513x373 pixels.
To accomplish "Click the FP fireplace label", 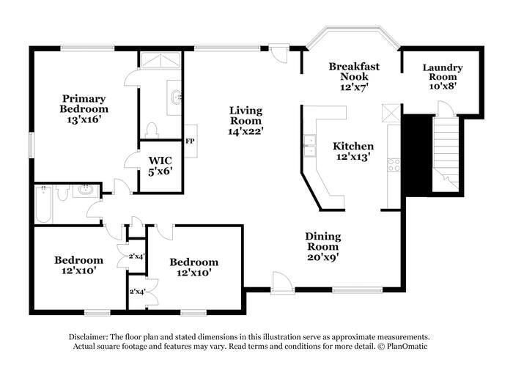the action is [190, 141].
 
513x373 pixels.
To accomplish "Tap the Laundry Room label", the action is [443, 72].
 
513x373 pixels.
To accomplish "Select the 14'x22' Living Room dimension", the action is [246, 131].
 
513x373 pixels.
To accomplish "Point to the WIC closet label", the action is [160, 160].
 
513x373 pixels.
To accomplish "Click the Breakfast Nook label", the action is [354, 71].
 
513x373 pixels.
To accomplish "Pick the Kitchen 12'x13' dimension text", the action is [353, 156].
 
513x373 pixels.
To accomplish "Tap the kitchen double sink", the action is [309, 146].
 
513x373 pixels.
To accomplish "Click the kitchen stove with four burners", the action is [394, 165].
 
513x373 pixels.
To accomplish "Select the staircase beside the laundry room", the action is [446, 155].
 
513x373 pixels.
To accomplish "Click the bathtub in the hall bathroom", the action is [43, 204].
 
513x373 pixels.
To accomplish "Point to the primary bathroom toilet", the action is [152, 130].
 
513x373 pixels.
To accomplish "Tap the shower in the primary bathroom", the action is [160, 60].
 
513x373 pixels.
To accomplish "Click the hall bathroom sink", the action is [86, 191].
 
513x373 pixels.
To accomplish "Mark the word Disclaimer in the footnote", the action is [88, 336].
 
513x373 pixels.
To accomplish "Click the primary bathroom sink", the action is [175, 97].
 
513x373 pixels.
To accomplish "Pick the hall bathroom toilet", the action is [62, 192].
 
